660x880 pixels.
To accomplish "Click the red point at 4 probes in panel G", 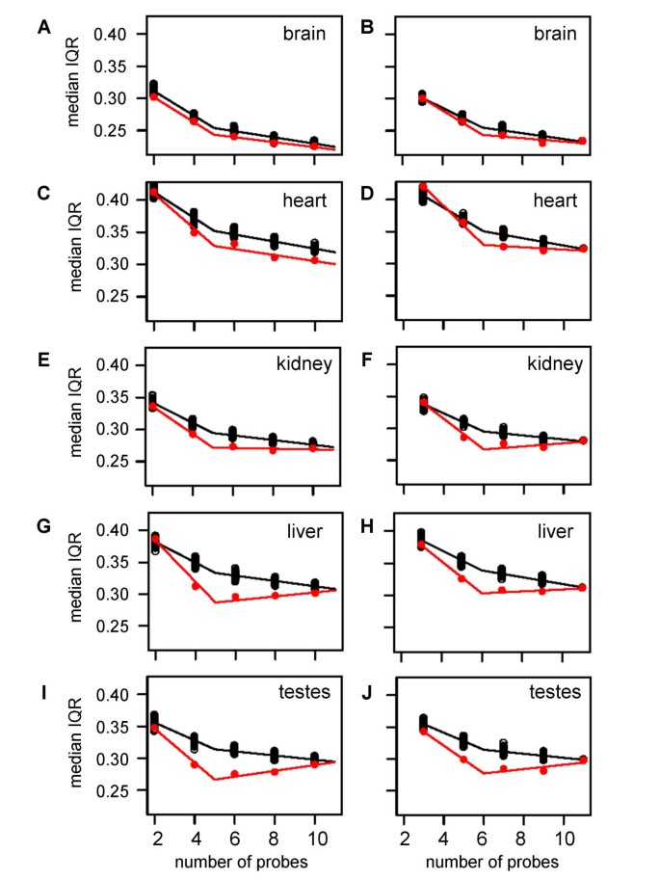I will (x=196, y=586).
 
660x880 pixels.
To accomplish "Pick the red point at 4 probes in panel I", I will (x=196, y=764).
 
